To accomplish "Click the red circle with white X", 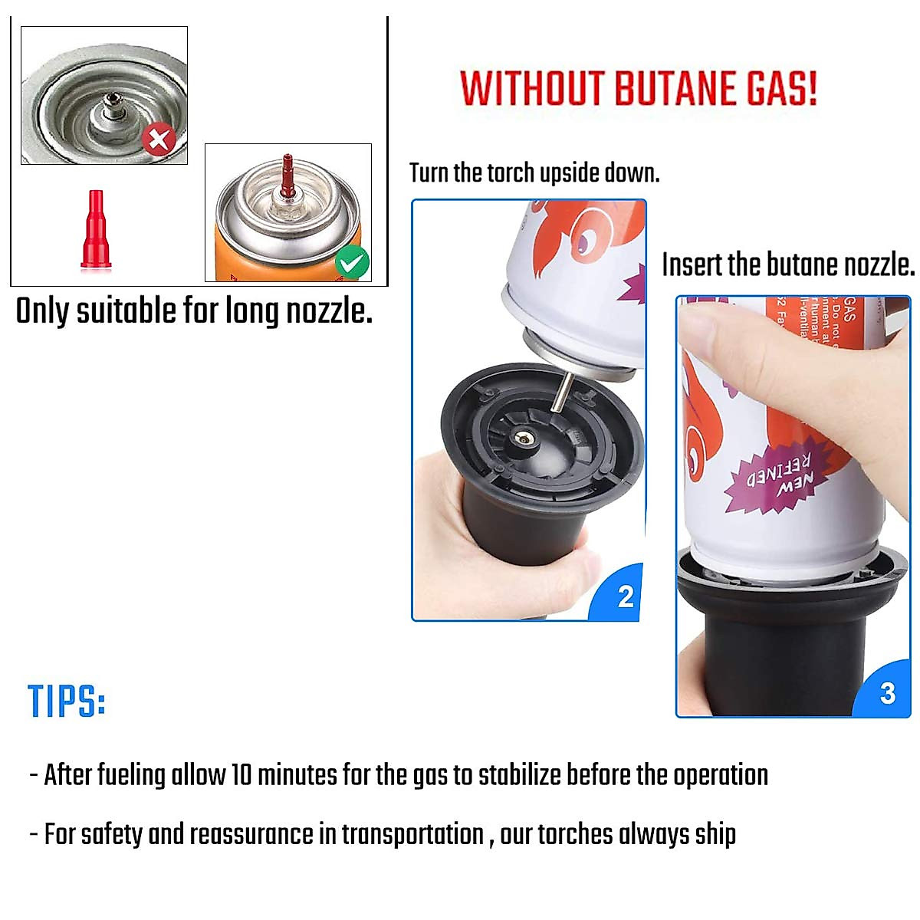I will coord(159,140).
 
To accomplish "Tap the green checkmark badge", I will coord(352,264).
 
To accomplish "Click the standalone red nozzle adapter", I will coord(96,229).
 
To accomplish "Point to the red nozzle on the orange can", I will coord(287,174).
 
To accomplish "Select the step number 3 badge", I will coord(887,693).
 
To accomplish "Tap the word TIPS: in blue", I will coord(67,701).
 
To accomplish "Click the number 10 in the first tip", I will coord(242,775).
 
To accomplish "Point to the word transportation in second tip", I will coord(412,834).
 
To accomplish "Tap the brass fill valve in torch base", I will coord(523,438).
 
